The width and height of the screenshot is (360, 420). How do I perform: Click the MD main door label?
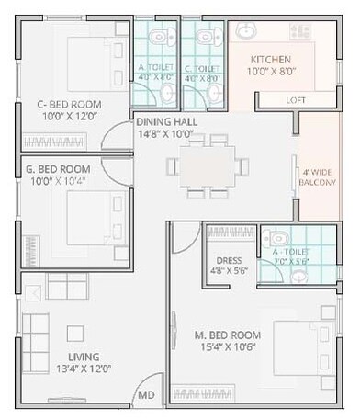click(145, 396)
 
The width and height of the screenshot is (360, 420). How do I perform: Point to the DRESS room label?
click(230, 260)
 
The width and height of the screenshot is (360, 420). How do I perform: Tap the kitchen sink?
click(248, 30)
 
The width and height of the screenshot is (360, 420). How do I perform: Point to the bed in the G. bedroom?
click(92, 216)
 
